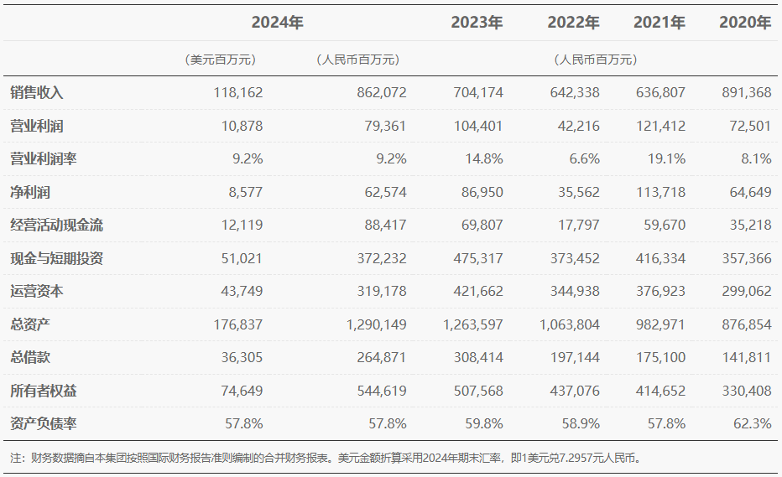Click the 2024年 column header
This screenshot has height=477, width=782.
[277, 23]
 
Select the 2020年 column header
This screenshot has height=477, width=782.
[745, 23]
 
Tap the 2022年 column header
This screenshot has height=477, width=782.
[573, 23]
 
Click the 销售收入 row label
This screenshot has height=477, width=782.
[37, 93]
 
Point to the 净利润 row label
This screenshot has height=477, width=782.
[30, 193]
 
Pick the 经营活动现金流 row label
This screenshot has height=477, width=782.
[57, 226]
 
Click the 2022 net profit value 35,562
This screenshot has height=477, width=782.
[577, 193]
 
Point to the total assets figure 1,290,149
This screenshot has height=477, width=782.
[376, 324]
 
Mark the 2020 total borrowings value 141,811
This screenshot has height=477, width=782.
[746, 358]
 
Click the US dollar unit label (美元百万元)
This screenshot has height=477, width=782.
[220, 60]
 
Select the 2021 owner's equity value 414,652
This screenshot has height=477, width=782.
[659, 391]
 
